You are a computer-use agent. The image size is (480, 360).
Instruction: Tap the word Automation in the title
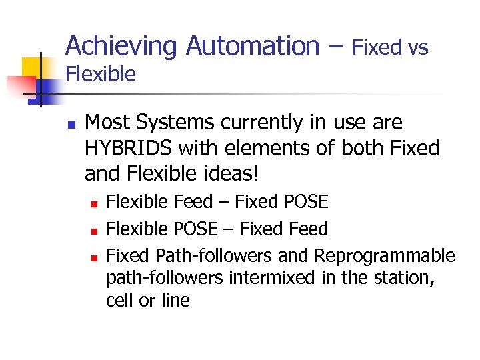tap(253, 46)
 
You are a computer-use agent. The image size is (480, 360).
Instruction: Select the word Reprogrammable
tap(385, 255)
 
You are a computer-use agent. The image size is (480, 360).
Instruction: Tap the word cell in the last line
tap(120, 301)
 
